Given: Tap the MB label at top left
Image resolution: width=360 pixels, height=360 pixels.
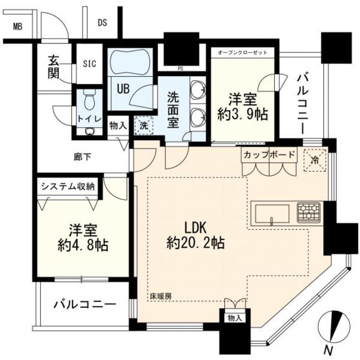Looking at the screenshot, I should (x=18, y=26).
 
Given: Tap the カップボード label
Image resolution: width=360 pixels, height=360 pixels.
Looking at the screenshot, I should (x=269, y=155).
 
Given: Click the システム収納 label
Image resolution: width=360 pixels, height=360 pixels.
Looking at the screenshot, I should (x=67, y=186).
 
